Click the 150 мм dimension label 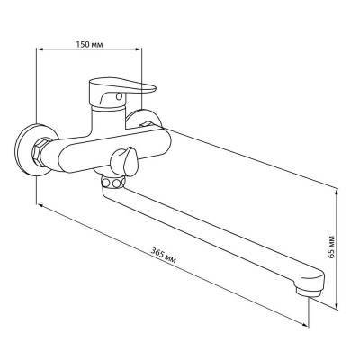(x=89, y=45)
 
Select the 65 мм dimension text (x=330, y=245)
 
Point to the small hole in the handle (x=120, y=96)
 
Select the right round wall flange (x=144, y=119)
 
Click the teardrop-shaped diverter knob (x=124, y=162)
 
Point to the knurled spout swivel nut (x=112, y=183)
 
